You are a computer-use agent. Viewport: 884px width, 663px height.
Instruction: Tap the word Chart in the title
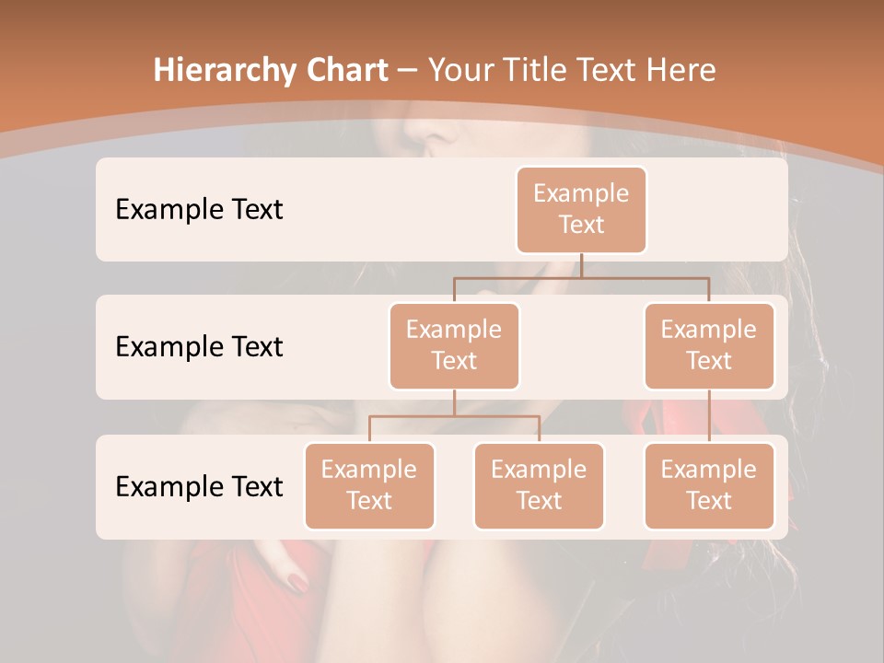pos(343,71)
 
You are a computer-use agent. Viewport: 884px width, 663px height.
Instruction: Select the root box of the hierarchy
pos(581,209)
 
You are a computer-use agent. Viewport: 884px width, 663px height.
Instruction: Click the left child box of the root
pos(454,345)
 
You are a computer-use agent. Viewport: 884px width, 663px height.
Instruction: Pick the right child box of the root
pos(709,345)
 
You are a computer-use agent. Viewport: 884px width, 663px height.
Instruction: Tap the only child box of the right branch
pos(709,485)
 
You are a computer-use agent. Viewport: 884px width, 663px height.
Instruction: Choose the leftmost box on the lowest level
pos(369,485)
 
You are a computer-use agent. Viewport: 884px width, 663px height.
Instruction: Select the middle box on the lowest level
pos(539,485)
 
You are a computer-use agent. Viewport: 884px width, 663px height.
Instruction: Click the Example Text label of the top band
pos(199,209)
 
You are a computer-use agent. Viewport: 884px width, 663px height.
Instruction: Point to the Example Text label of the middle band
pos(199,346)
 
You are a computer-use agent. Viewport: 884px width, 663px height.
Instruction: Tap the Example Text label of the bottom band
pos(199,486)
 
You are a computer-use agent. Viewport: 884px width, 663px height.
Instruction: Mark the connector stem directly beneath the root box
pos(581,265)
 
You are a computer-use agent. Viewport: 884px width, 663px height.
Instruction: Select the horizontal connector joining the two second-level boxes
pos(581,276)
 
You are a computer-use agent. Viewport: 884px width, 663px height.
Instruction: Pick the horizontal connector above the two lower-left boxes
pos(454,416)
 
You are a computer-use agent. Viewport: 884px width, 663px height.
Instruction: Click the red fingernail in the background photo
pos(298,582)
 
